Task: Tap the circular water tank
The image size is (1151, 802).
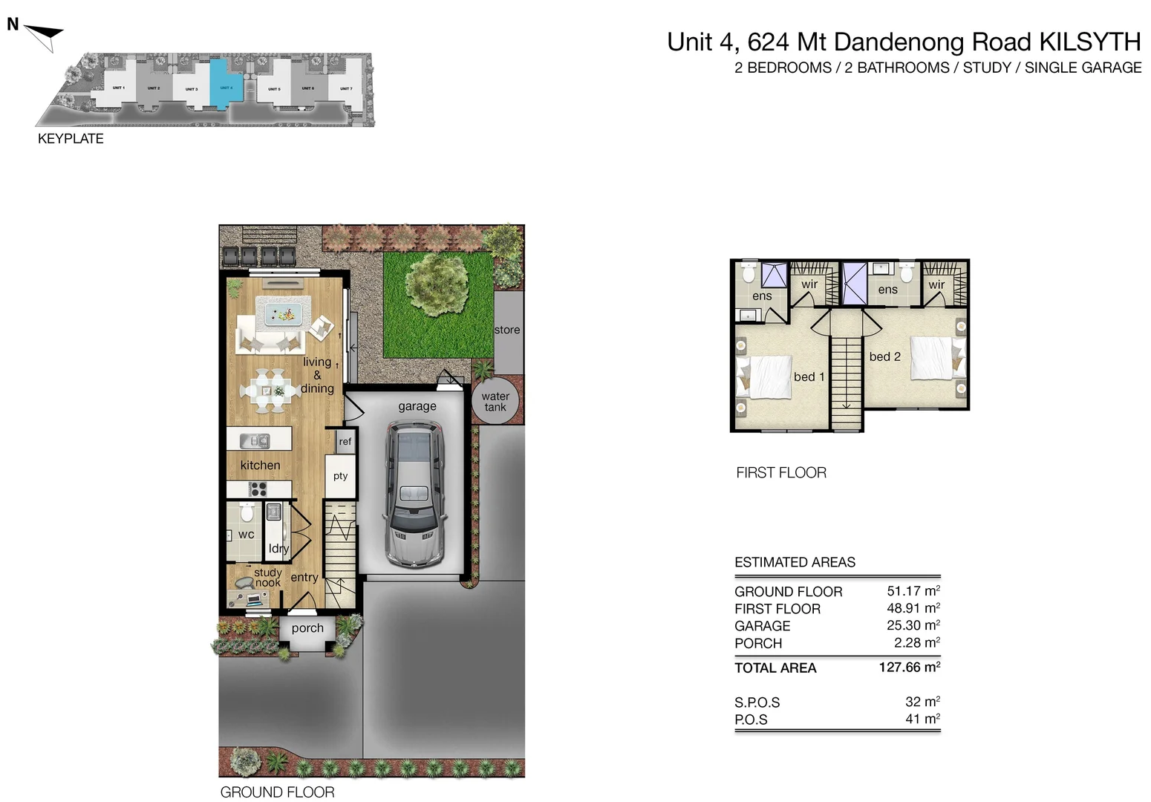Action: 495,402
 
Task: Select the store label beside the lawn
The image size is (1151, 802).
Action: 507,330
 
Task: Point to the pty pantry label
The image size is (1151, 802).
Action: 340,476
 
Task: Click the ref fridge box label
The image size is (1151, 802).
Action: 345,441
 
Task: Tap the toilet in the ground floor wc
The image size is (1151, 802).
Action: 247,512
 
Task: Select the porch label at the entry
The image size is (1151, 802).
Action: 307,628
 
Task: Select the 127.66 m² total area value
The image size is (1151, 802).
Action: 909,667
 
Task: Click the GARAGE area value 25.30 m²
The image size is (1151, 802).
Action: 913,625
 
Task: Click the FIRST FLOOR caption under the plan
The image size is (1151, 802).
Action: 780,472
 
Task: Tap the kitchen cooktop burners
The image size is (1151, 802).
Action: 258,489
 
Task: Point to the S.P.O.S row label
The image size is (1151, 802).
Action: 757,702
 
